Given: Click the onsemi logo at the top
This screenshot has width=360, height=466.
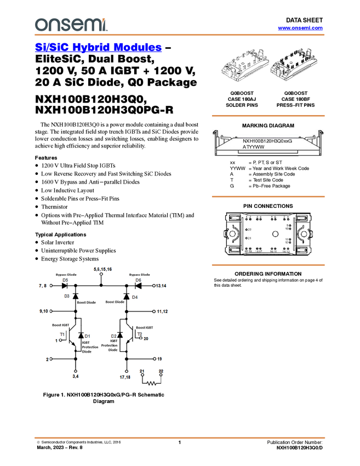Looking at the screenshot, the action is click(x=71, y=25).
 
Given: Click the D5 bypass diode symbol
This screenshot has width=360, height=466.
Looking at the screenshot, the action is click(x=65, y=286).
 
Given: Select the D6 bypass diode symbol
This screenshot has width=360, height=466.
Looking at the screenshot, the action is click(x=138, y=286).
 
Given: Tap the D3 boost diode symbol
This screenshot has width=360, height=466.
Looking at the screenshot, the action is click(x=75, y=297).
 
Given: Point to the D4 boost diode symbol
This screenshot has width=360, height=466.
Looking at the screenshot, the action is click(x=126, y=297).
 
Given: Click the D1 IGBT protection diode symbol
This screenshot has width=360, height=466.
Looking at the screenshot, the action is click(x=81, y=336).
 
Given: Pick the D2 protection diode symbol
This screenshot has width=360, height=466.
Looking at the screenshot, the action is click(x=119, y=336).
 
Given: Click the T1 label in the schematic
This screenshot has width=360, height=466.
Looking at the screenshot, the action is click(x=62, y=334).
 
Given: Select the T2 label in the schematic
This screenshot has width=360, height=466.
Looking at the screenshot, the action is click(x=140, y=334).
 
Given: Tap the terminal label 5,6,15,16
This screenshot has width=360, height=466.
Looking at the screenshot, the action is click(x=102, y=269).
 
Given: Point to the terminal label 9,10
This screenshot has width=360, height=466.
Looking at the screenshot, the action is click(x=44, y=311).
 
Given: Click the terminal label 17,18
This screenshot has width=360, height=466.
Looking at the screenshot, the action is click(x=126, y=377).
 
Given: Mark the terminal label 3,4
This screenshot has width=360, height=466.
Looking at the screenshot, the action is click(x=75, y=377).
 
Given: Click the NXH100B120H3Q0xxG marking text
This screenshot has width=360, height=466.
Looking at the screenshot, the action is click(x=267, y=141).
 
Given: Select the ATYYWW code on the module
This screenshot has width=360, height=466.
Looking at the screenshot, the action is click(x=254, y=147).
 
